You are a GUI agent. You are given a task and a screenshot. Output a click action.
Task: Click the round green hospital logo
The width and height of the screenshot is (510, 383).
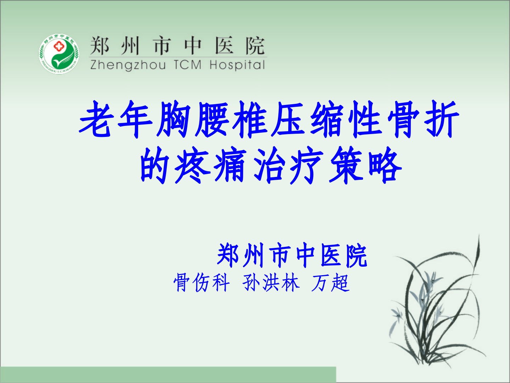[x=59, y=54]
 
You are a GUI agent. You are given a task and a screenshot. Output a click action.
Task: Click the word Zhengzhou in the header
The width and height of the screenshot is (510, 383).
[x=128, y=65]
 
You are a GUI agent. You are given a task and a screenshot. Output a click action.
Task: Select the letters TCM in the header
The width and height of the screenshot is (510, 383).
[x=188, y=65]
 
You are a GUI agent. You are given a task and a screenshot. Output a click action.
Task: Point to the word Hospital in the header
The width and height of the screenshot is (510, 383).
[x=237, y=65]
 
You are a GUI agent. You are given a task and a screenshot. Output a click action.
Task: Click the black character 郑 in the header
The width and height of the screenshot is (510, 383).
[x=99, y=45]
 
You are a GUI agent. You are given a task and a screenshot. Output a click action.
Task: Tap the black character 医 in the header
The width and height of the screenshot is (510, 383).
[x=224, y=45]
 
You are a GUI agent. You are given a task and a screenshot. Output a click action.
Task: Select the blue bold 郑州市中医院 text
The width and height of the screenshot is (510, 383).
[x=292, y=255]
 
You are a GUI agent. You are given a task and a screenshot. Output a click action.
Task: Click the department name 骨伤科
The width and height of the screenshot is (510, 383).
[x=202, y=283]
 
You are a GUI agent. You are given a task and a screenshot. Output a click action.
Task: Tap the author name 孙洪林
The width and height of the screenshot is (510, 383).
[x=271, y=283]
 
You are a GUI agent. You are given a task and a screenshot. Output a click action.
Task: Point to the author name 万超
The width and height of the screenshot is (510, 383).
[x=330, y=283]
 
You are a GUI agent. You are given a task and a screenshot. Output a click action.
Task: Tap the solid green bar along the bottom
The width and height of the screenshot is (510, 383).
[x=168, y=375]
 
